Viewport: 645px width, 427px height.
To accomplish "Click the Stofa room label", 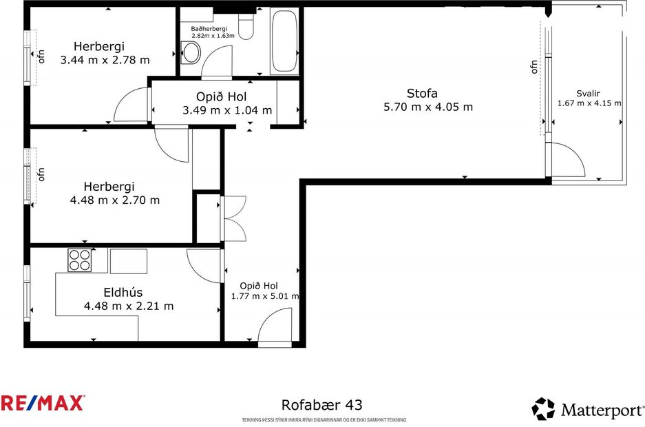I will [x=422, y=93].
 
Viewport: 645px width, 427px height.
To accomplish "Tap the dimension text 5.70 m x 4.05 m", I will [x=428, y=107].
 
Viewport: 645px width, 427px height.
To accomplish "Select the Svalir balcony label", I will [x=589, y=94].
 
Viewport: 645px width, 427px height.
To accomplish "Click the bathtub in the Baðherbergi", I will [x=284, y=41].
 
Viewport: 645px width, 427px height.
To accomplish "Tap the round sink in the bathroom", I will [x=191, y=51].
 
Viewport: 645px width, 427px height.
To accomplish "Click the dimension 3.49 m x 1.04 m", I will [x=227, y=110].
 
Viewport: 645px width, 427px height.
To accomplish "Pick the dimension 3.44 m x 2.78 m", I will [x=105, y=60].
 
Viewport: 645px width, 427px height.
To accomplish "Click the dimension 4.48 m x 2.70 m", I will [x=114, y=200].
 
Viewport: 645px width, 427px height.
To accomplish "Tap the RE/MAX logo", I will [x=43, y=403].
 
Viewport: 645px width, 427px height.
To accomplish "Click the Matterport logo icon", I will [x=543, y=409].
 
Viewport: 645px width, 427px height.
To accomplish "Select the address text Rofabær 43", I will [x=321, y=406].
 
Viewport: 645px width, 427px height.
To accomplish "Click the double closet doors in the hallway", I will [x=234, y=218].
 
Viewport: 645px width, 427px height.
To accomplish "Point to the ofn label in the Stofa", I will [x=533, y=67].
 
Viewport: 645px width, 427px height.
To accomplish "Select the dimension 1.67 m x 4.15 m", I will [x=589, y=103].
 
